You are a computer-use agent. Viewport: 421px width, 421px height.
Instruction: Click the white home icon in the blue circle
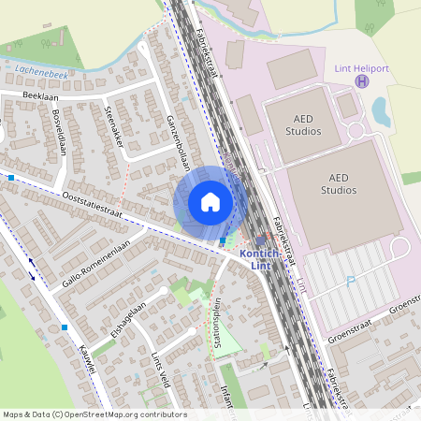click(x=210, y=201)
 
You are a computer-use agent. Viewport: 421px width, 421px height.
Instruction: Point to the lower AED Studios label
click(x=339, y=183)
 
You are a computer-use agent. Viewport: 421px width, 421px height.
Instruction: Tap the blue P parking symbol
click(x=351, y=280)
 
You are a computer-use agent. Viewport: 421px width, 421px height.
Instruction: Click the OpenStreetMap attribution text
click(x=94, y=414)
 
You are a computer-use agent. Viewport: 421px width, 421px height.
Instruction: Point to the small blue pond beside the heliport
click(x=381, y=110)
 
